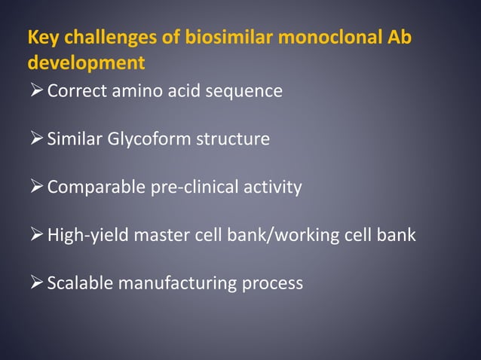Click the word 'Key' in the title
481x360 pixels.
[41, 37]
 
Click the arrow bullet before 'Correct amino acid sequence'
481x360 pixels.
[35, 91]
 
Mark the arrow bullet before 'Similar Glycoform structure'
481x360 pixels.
[35, 139]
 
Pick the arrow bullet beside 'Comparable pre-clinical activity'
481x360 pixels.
[35, 188]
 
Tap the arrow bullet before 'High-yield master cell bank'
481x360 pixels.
[35, 236]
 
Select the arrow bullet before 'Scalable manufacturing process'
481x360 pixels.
[35, 284]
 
